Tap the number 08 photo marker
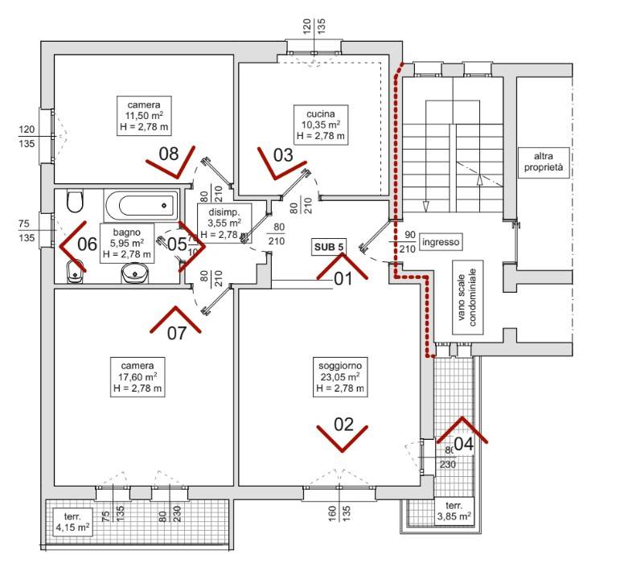(168, 152)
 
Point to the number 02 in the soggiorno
(343, 425)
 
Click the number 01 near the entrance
(343, 279)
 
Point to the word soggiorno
(340, 364)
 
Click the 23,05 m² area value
(340, 376)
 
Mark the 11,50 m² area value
(144, 117)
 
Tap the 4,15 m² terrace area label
(72, 528)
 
